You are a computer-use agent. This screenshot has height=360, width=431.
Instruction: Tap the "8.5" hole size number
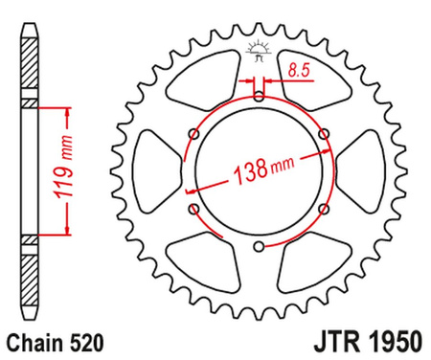click(x=298, y=68)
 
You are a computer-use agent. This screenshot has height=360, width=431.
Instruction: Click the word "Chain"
click(x=31, y=339)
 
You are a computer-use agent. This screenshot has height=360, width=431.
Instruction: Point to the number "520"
click(x=79, y=339)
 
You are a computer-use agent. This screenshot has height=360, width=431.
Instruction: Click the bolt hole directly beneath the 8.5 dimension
click(x=259, y=96)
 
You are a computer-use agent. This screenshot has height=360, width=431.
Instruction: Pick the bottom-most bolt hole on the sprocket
click(x=259, y=248)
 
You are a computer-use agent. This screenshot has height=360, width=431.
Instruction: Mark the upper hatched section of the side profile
click(x=31, y=65)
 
